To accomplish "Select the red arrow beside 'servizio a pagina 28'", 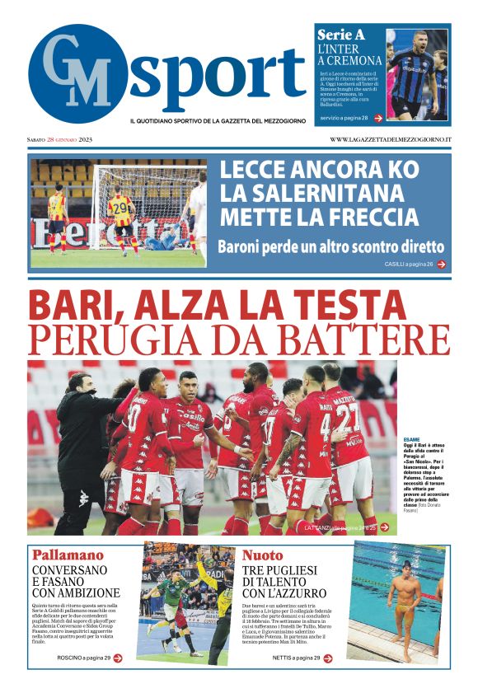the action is click(378, 118).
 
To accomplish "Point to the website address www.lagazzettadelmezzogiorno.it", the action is click(390, 139).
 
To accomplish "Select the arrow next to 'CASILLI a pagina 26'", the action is click(442, 264).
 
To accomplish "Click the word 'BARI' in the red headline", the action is click(71, 306).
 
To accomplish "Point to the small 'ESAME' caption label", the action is click(411, 439).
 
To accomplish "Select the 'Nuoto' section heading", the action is click(263, 555).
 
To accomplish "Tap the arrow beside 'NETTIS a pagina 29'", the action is click(328, 658).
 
